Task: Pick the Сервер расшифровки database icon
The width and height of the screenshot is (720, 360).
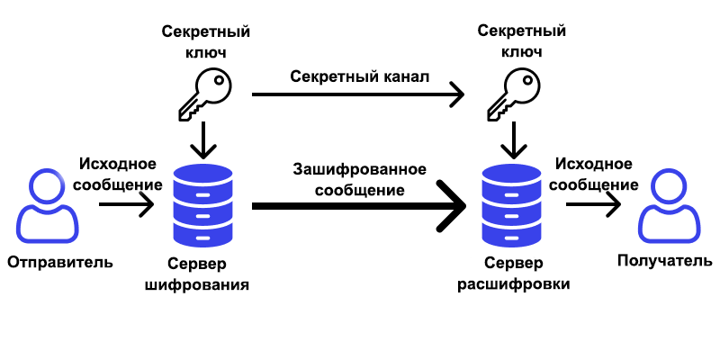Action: tap(514, 206)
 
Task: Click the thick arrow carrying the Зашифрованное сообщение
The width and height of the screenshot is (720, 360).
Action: tap(360, 207)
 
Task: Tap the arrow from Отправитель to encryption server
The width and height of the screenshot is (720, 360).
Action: tap(126, 206)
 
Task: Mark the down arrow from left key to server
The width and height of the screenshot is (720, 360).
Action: tap(206, 139)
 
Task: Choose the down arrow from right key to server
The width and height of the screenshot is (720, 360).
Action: tap(514, 139)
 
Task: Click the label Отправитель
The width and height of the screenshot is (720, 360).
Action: tap(60, 263)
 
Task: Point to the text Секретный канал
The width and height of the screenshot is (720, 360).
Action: tap(360, 76)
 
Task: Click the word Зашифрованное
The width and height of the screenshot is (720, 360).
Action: tap(359, 169)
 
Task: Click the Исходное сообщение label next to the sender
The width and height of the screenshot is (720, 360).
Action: tap(120, 174)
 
